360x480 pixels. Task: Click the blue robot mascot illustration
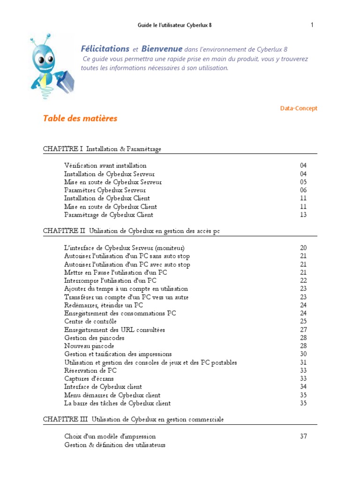(x=51, y=66)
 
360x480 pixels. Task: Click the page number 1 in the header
(x=312, y=25)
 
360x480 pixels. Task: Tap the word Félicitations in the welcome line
(x=105, y=49)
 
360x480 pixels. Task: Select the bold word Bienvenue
(x=162, y=49)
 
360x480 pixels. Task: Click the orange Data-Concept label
(x=299, y=108)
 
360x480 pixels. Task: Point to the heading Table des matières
(x=80, y=119)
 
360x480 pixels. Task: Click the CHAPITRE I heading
(x=102, y=149)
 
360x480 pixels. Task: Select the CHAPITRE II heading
(x=132, y=231)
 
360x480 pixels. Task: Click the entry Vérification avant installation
(x=105, y=165)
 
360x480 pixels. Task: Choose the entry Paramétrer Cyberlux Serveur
(x=105, y=190)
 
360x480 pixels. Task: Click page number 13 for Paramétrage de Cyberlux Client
(x=303, y=215)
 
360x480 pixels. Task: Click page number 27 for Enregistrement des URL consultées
(x=303, y=330)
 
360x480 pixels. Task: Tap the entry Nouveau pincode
(x=89, y=346)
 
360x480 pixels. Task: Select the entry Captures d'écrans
(x=89, y=379)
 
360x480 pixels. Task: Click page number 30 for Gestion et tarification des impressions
(x=303, y=354)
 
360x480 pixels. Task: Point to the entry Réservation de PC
(x=90, y=371)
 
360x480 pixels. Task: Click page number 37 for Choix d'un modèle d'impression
(x=303, y=436)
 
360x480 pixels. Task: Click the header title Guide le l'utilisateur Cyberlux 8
(x=174, y=25)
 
